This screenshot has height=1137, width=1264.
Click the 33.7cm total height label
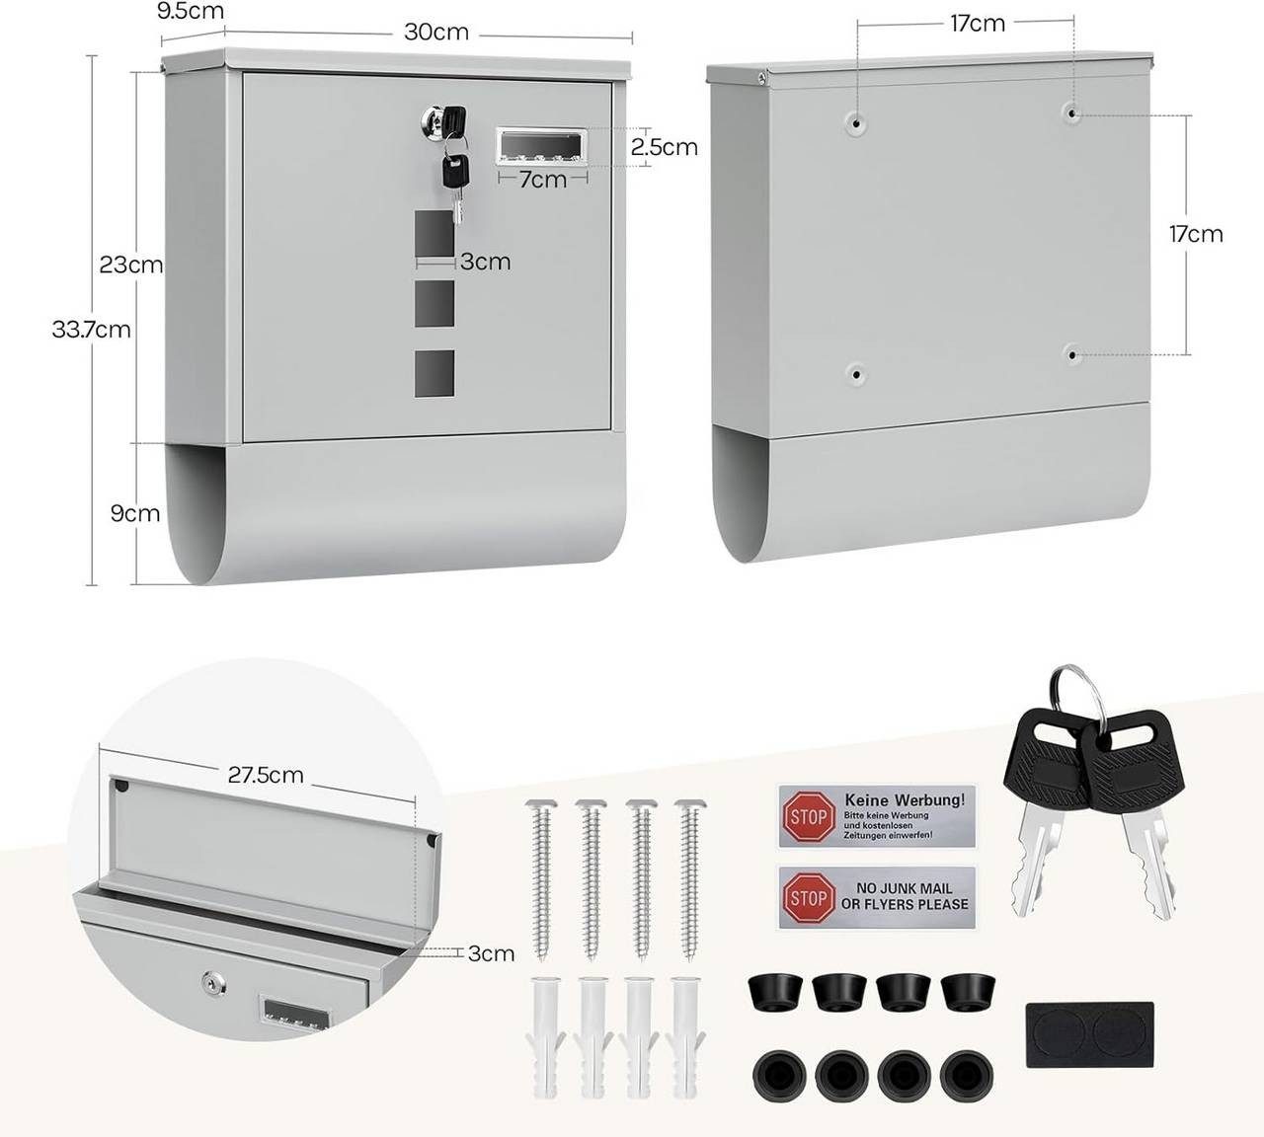(x=92, y=330)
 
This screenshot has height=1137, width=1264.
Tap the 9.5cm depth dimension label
(x=191, y=11)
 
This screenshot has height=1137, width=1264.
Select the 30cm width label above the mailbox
(x=436, y=33)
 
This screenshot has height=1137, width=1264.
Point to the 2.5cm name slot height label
(x=665, y=147)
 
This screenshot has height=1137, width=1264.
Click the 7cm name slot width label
(x=542, y=181)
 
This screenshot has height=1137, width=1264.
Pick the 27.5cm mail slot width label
(x=266, y=775)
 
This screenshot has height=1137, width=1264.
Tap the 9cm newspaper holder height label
(x=135, y=513)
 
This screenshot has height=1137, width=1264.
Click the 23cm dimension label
(x=131, y=265)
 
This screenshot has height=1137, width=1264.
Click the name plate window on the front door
(x=542, y=146)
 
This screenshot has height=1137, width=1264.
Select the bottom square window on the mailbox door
(x=434, y=373)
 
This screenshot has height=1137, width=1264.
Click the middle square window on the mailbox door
(x=434, y=304)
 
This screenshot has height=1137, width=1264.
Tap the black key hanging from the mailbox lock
(x=455, y=171)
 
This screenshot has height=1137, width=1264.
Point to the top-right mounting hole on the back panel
(x=1071, y=114)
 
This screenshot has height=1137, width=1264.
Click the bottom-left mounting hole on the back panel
(x=856, y=375)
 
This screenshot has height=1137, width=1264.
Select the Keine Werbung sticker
(x=877, y=816)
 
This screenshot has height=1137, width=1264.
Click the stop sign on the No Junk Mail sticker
(x=808, y=897)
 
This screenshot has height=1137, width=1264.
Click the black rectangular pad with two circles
(x=1090, y=1034)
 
